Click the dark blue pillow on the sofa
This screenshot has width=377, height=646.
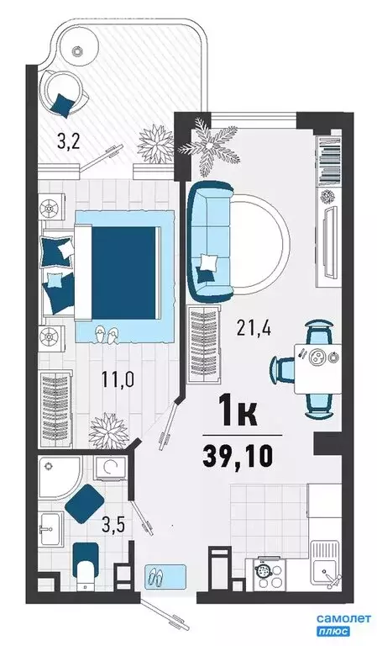(205, 269)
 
